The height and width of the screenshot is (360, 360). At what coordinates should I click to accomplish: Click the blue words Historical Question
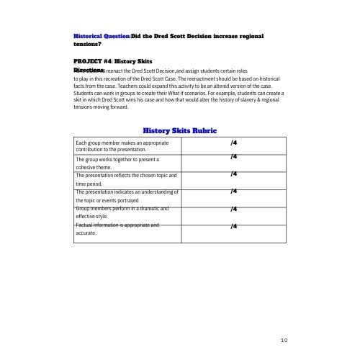click(x=102, y=35)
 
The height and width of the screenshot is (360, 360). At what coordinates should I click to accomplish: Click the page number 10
click(x=284, y=339)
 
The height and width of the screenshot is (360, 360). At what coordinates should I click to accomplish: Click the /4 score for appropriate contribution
click(x=233, y=143)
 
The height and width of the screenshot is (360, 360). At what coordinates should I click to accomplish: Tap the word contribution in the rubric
click(x=91, y=149)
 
